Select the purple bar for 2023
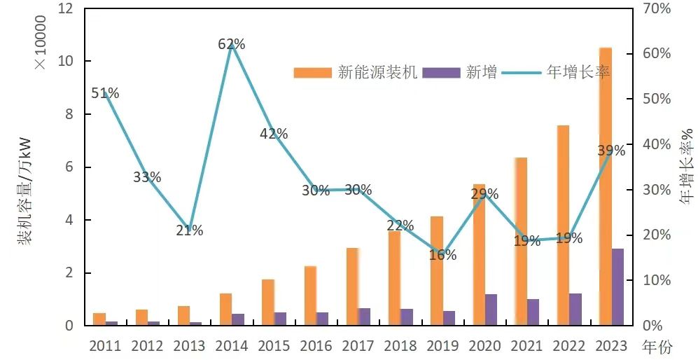[x=617, y=287]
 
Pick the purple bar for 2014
[x=237, y=319]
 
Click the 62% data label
[x=231, y=44]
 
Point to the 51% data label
[x=105, y=93]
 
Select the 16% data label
[x=442, y=255]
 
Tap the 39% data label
[x=611, y=151]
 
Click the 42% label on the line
[x=274, y=133]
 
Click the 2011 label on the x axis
[x=105, y=346]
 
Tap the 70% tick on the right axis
[x=657, y=9]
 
